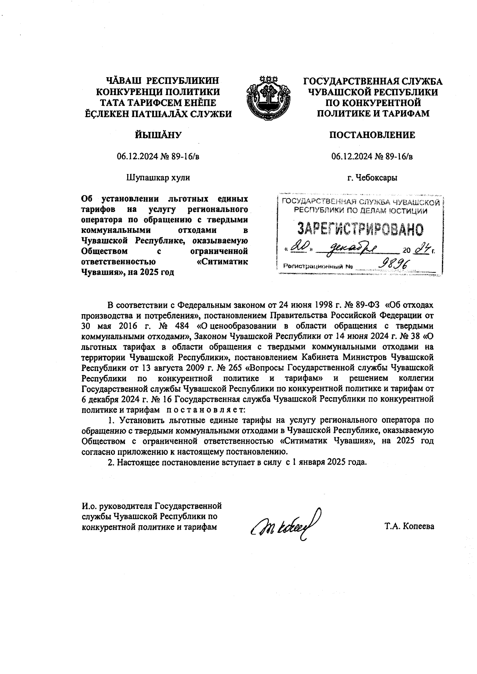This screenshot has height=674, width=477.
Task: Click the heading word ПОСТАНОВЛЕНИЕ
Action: [x=372, y=135]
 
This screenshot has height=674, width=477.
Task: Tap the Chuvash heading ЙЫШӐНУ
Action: [x=158, y=135]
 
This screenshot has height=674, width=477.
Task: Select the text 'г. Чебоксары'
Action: [x=372, y=178]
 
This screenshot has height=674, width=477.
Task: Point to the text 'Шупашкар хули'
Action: [x=158, y=177]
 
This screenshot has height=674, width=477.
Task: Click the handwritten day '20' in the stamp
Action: [x=298, y=249]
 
